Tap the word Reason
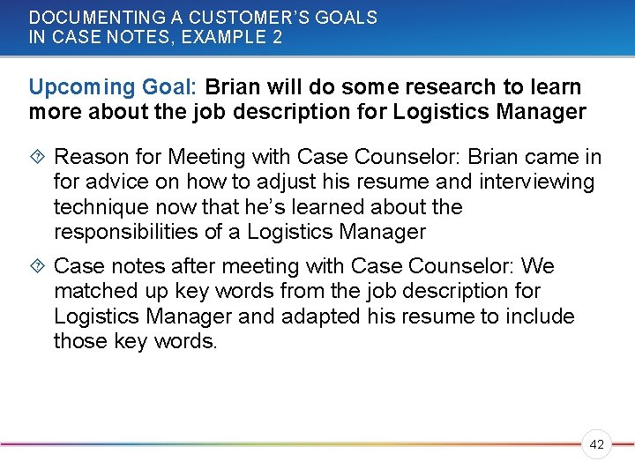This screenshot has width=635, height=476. tap(89, 158)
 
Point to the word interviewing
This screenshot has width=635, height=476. tap(538, 182)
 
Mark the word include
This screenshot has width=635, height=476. tap(540, 316)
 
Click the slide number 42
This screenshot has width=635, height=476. tap(596, 445)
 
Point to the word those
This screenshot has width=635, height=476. tap(78, 341)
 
